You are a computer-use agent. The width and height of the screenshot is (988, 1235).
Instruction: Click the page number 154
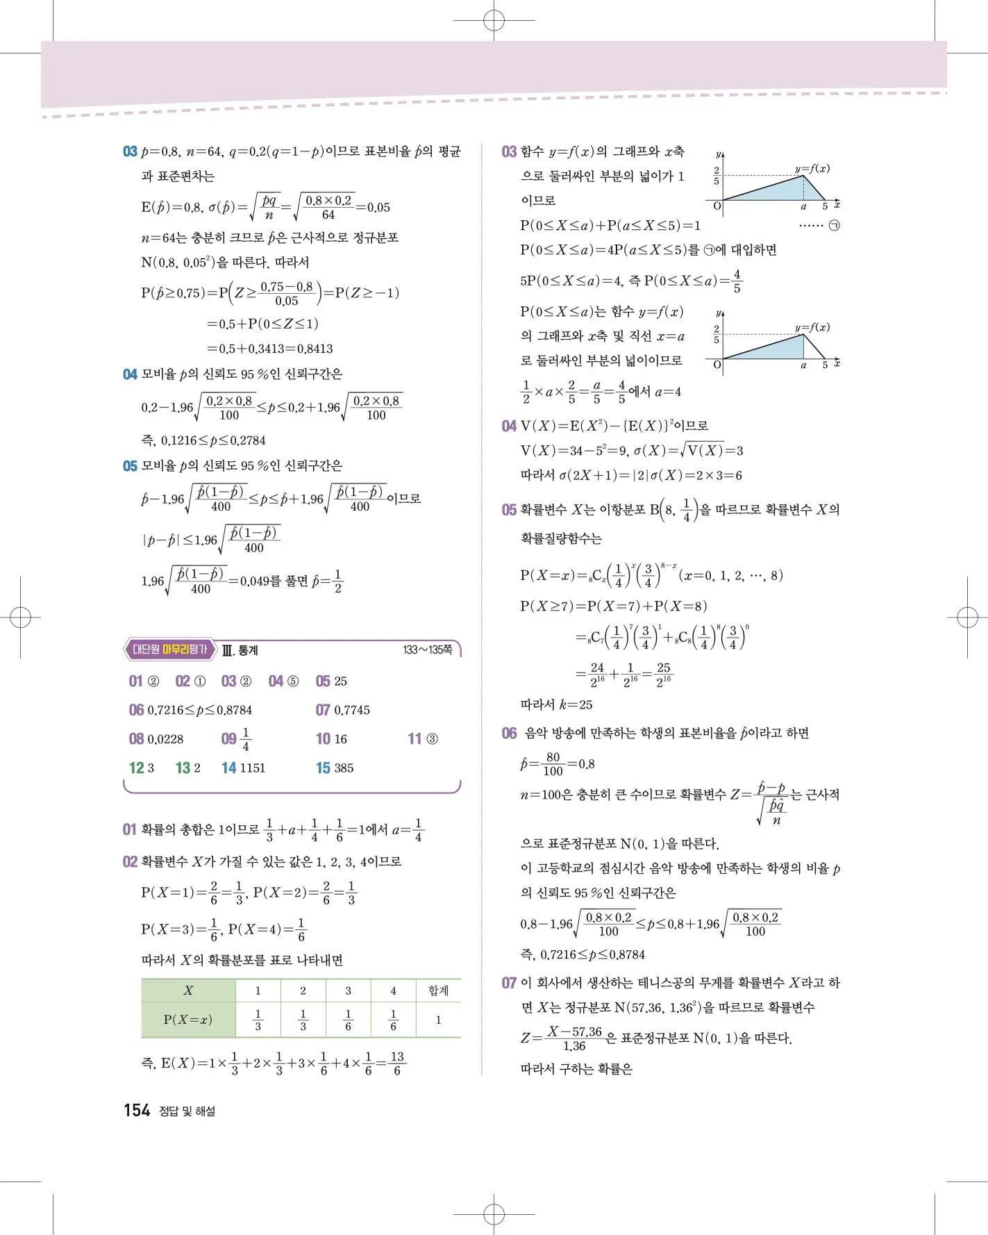[137, 1111]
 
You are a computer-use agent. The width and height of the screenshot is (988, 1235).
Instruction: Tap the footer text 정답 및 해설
[187, 1111]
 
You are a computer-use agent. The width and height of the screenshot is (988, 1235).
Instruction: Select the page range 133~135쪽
[428, 650]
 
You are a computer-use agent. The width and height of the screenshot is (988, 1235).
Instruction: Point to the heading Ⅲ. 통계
[240, 650]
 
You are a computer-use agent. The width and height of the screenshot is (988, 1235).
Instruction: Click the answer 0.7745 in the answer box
[352, 710]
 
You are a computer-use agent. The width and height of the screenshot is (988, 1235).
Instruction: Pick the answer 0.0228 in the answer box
[165, 739]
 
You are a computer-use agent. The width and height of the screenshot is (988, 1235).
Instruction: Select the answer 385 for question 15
[344, 768]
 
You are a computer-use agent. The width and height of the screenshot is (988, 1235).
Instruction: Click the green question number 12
[136, 768]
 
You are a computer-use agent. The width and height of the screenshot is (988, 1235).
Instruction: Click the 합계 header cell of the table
[438, 991]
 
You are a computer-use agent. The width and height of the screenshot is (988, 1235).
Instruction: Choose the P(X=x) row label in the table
[188, 1020]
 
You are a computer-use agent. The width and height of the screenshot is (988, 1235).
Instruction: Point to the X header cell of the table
[188, 991]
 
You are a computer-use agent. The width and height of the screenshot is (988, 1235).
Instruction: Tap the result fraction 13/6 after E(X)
[396, 1063]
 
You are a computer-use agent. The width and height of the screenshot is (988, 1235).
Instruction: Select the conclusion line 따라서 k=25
[557, 704]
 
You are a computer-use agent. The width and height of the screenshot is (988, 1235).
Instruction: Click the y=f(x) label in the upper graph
[812, 169]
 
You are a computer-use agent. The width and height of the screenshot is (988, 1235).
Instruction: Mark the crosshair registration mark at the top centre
[494, 21]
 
